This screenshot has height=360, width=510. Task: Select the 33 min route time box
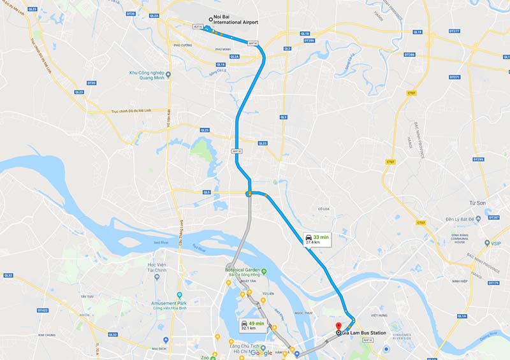tap(317, 239)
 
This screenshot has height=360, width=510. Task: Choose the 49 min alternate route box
tap(252, 326)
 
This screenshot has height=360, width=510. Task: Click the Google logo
tap(261, 352)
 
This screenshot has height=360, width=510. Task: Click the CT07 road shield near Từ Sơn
tap(420, 222)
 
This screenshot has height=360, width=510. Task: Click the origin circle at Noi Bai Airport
tap(219, 18)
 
